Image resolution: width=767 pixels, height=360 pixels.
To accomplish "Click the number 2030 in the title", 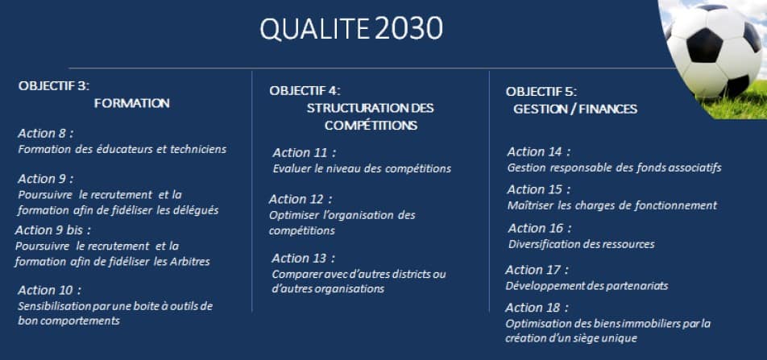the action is [409, 29].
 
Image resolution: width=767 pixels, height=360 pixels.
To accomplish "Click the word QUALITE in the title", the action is [314, 30].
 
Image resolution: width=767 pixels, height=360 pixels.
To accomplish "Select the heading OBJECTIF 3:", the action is [54, 86].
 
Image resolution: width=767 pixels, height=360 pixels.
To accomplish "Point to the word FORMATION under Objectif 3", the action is [132, 104].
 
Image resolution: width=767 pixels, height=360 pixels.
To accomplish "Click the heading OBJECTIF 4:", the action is [305, 90].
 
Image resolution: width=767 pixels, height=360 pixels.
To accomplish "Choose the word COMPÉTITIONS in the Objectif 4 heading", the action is [371, 126].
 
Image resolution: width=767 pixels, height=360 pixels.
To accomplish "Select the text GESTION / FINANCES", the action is [575, 109].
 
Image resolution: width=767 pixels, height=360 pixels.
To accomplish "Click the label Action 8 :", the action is [45, 134].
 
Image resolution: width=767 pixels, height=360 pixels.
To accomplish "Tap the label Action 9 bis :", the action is [53, 230].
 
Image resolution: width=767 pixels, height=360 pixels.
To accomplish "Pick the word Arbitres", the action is [190, 262].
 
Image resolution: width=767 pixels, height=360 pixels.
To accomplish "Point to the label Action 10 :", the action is [49, 291].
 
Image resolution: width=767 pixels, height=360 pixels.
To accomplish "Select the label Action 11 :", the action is [305, 153].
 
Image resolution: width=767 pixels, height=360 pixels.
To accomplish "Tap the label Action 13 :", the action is [303, 259].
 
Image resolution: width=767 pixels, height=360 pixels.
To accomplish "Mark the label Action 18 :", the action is [537, 308].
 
